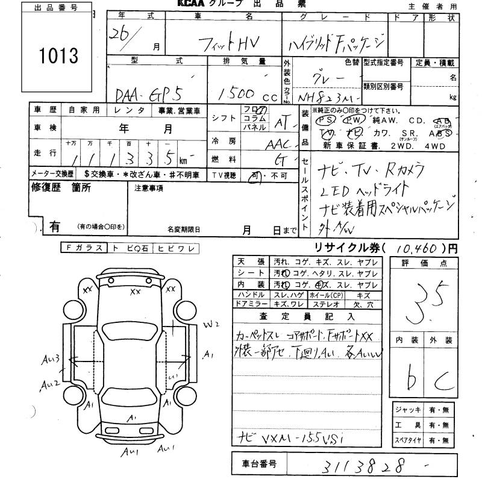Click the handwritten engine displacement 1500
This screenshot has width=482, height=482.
click(x=237, y=95)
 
